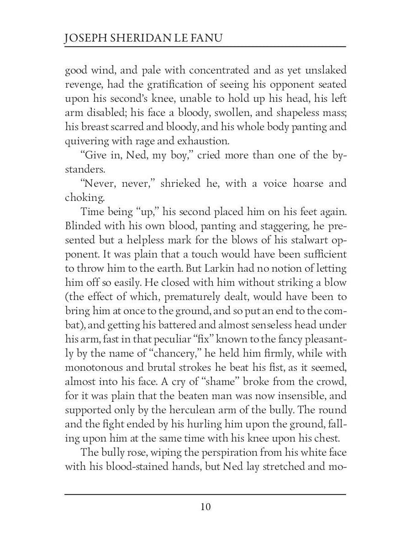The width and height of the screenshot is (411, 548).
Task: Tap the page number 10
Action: tap(205, 507)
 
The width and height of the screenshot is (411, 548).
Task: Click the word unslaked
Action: tap(324, 70)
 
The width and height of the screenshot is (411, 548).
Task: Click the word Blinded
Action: tap(83, 226)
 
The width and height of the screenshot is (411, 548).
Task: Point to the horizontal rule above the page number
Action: tap(205, 494)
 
